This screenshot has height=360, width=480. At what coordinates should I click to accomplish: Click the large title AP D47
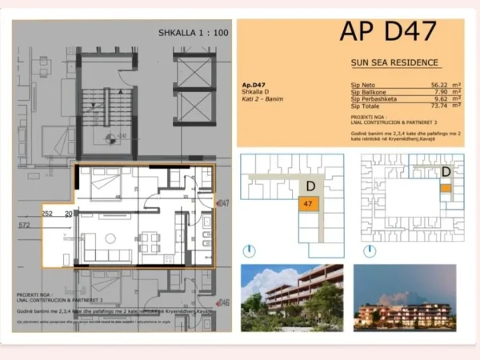388,32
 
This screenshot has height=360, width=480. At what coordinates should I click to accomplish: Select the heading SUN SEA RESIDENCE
394,62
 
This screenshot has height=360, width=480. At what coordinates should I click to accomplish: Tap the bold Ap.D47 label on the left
254,85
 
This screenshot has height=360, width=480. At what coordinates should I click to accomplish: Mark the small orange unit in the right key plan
446,188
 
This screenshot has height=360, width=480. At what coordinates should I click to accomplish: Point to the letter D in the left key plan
310,186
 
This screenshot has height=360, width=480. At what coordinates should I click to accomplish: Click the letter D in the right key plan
446,171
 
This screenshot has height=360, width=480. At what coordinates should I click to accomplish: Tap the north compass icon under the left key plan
249,250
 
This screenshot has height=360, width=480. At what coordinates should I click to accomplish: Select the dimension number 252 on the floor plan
47,214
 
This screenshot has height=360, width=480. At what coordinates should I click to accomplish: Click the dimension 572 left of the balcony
28,226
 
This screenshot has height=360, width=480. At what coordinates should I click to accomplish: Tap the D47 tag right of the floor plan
223,203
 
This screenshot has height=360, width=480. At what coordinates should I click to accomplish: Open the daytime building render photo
292,298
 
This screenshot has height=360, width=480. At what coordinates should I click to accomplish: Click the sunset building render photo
405,298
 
